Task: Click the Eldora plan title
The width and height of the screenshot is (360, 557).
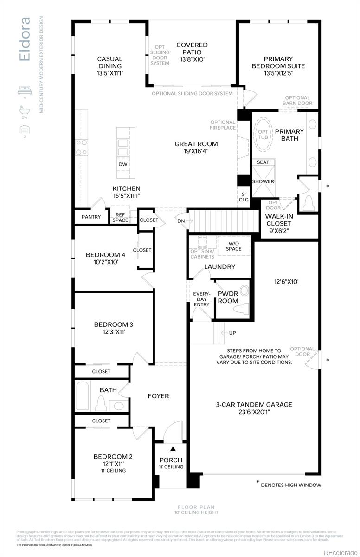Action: [x=25, y=39]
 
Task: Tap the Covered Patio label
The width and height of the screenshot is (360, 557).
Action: [x=192, y=52]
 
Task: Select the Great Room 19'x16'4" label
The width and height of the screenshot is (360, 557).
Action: [x=196, y=147]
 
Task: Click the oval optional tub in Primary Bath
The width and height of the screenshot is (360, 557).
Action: [x=263, y=134]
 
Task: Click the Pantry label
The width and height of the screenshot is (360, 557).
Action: [x=91, y=217]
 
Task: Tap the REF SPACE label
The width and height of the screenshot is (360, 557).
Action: [x=120, y=217]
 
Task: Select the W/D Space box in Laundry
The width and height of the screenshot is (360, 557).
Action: [x=233, y=246]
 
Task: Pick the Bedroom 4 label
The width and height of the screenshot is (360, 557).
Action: [x=105, y=258]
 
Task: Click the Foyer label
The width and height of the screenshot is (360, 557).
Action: [x=158, y=396]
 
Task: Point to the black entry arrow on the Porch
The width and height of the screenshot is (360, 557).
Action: [x=173, y=449]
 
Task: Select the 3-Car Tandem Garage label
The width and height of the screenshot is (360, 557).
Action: [x=254, y=408]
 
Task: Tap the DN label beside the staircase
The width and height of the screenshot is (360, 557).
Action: [x=181, y=221]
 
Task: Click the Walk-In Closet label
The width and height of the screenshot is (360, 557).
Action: [x=278, y=223]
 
